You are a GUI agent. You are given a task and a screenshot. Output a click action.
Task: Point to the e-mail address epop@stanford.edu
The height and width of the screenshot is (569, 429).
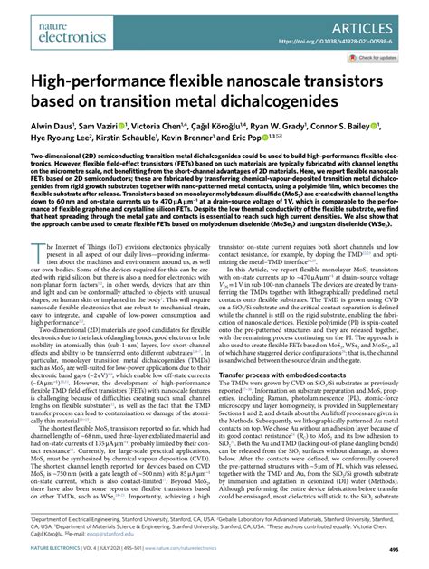point(210,543)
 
